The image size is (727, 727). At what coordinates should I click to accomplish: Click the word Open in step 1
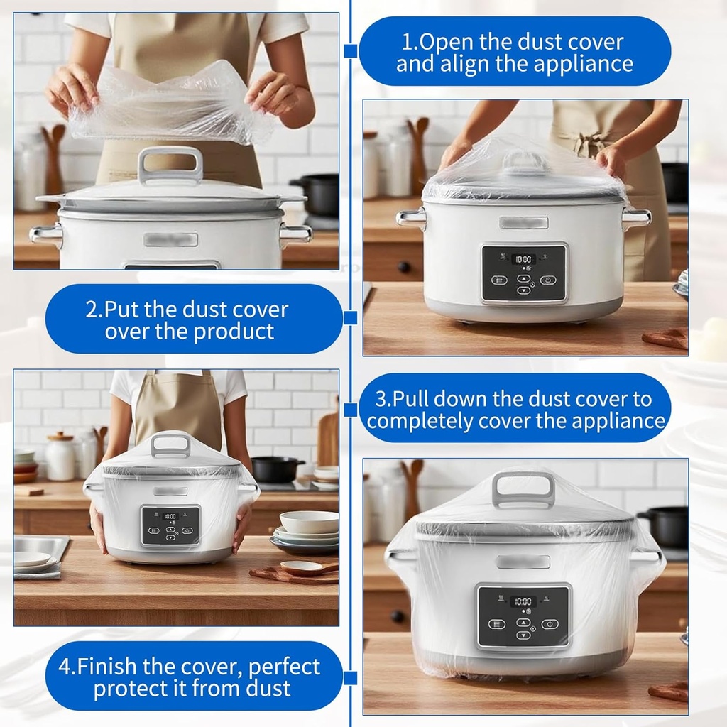coord(443,41)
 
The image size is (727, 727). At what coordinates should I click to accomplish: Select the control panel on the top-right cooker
coord(524,273)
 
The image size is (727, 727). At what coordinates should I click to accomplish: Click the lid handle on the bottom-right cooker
coord(524,488)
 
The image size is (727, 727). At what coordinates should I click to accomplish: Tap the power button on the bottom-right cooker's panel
coord(550,623)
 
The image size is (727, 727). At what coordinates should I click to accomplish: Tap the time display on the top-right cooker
coord(523,259)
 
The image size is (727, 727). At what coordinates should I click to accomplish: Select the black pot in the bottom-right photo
coord(665,526)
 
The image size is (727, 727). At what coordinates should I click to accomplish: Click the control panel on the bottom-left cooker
coord(170,525)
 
